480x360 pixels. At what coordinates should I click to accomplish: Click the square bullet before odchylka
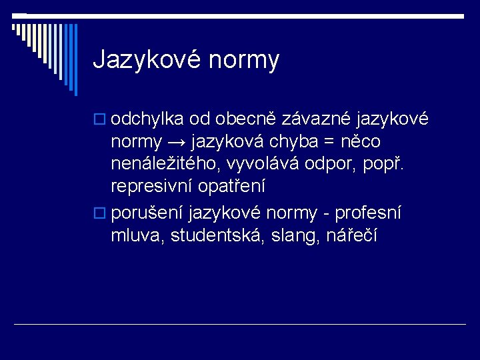(100, 120)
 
